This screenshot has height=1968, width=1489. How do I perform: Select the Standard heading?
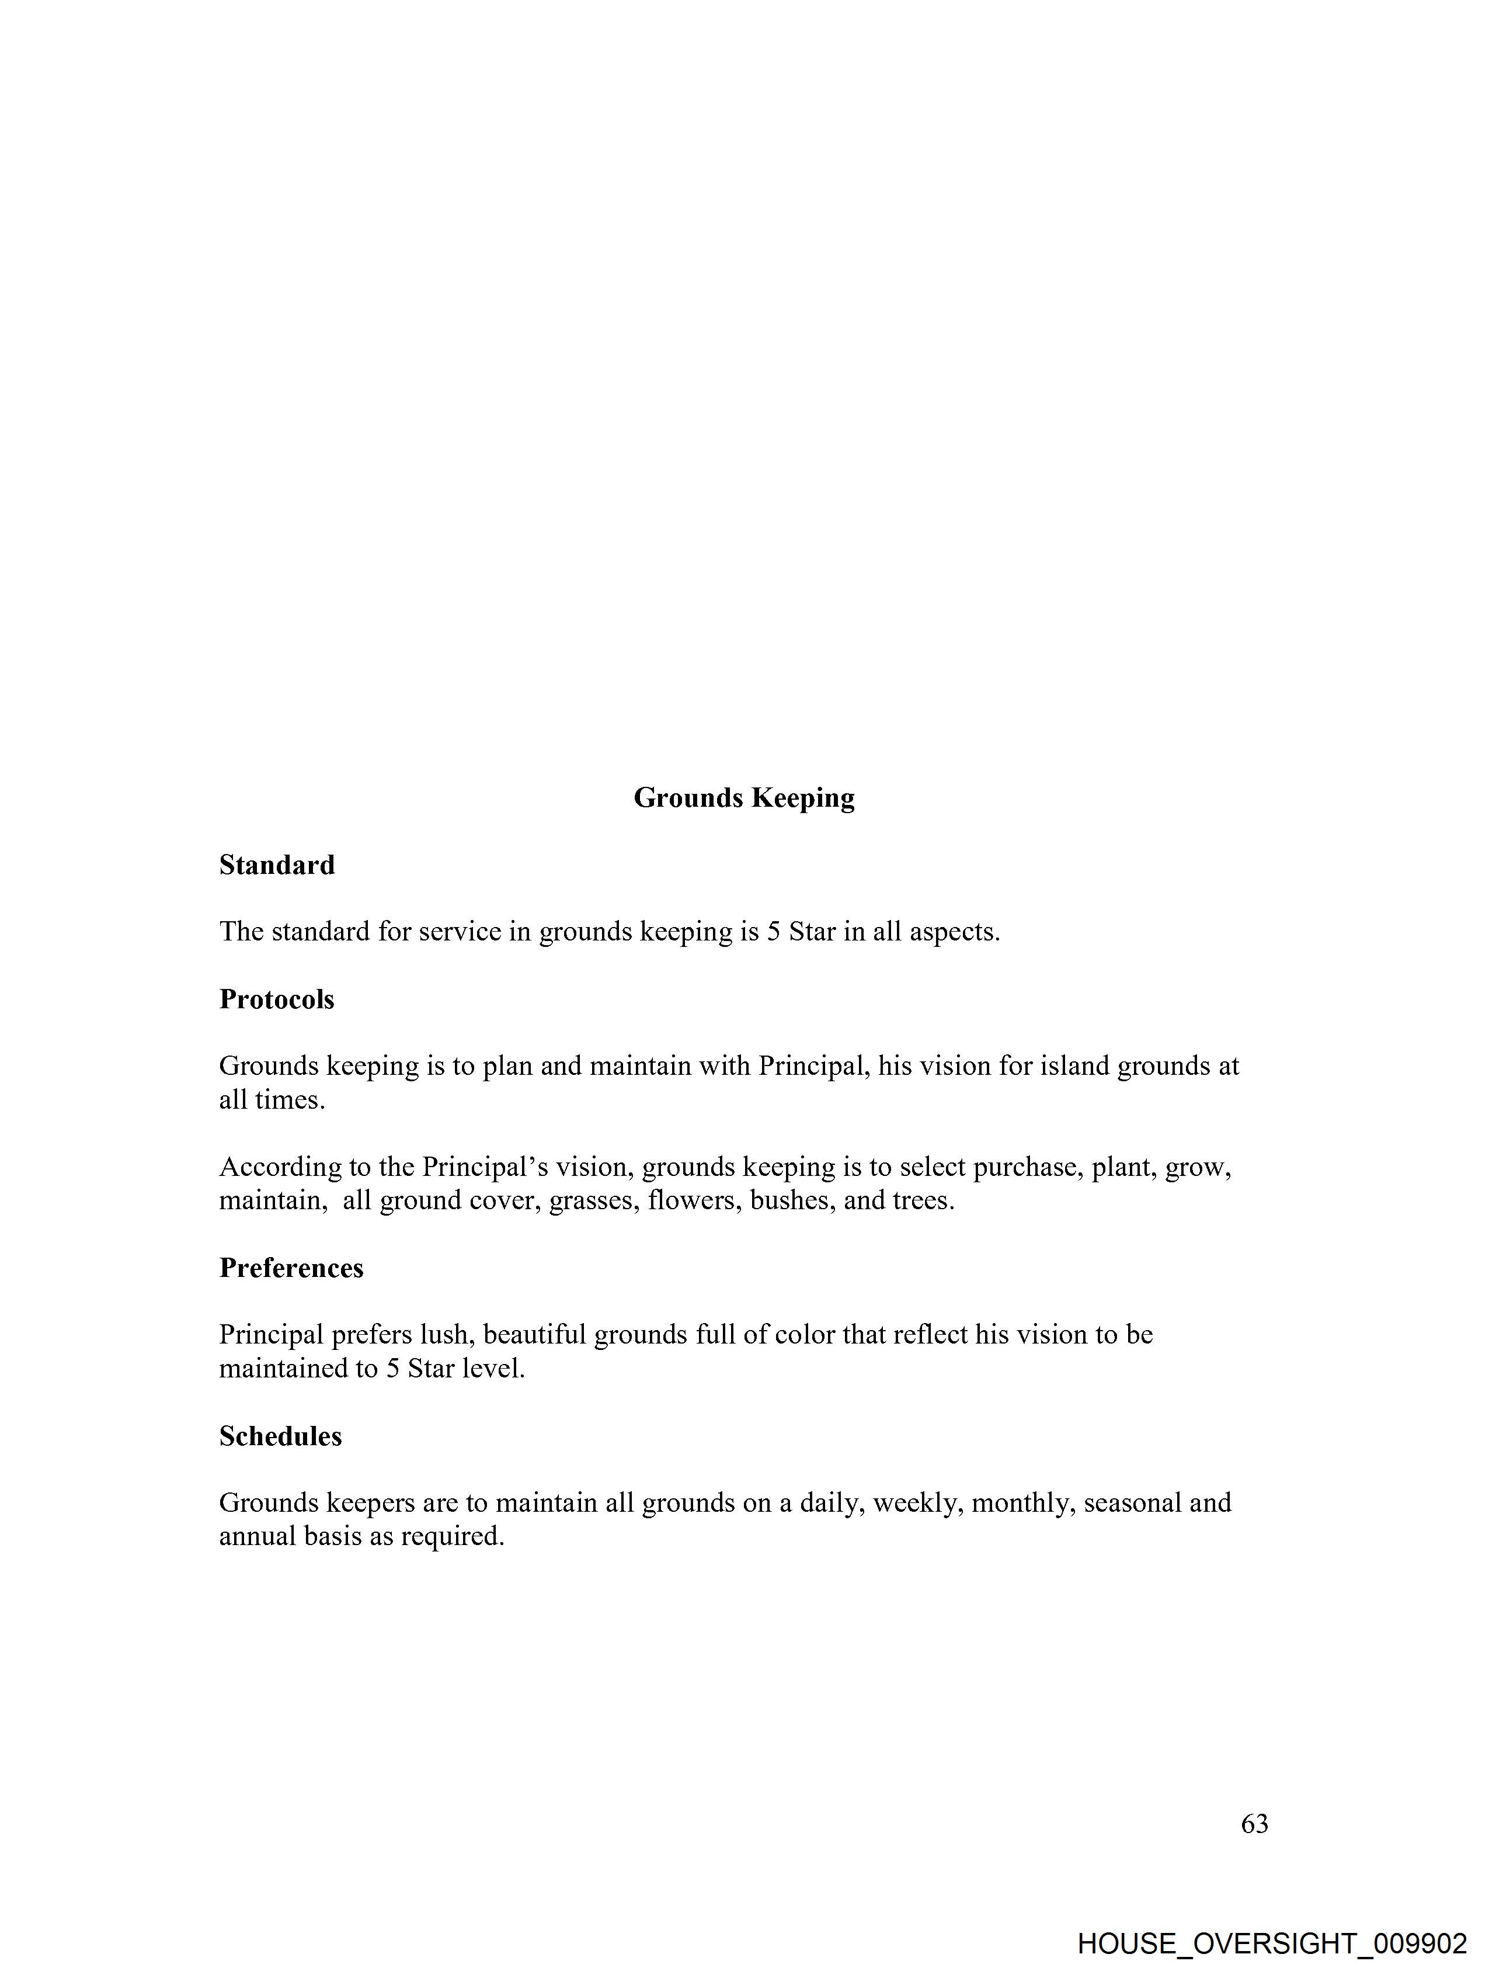[277, 865]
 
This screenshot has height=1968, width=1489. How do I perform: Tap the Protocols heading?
[277, 999]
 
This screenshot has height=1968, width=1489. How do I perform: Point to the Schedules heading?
[280, 1436]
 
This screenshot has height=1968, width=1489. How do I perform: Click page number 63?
[1254, 1824]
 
